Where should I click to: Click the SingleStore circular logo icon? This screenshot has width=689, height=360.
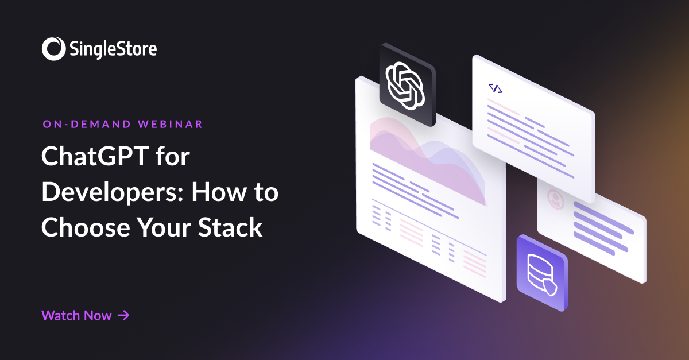52,49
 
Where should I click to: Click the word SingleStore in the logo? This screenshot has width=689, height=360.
111,49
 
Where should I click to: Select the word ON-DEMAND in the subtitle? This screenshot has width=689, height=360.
86,124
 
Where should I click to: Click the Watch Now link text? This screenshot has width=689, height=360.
76,315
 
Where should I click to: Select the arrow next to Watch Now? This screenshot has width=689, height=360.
123,315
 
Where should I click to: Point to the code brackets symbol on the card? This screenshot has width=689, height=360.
495,88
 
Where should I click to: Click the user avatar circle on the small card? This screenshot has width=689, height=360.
555,198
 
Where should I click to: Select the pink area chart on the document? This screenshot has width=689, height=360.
425,155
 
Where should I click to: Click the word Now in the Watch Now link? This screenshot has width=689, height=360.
98,315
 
